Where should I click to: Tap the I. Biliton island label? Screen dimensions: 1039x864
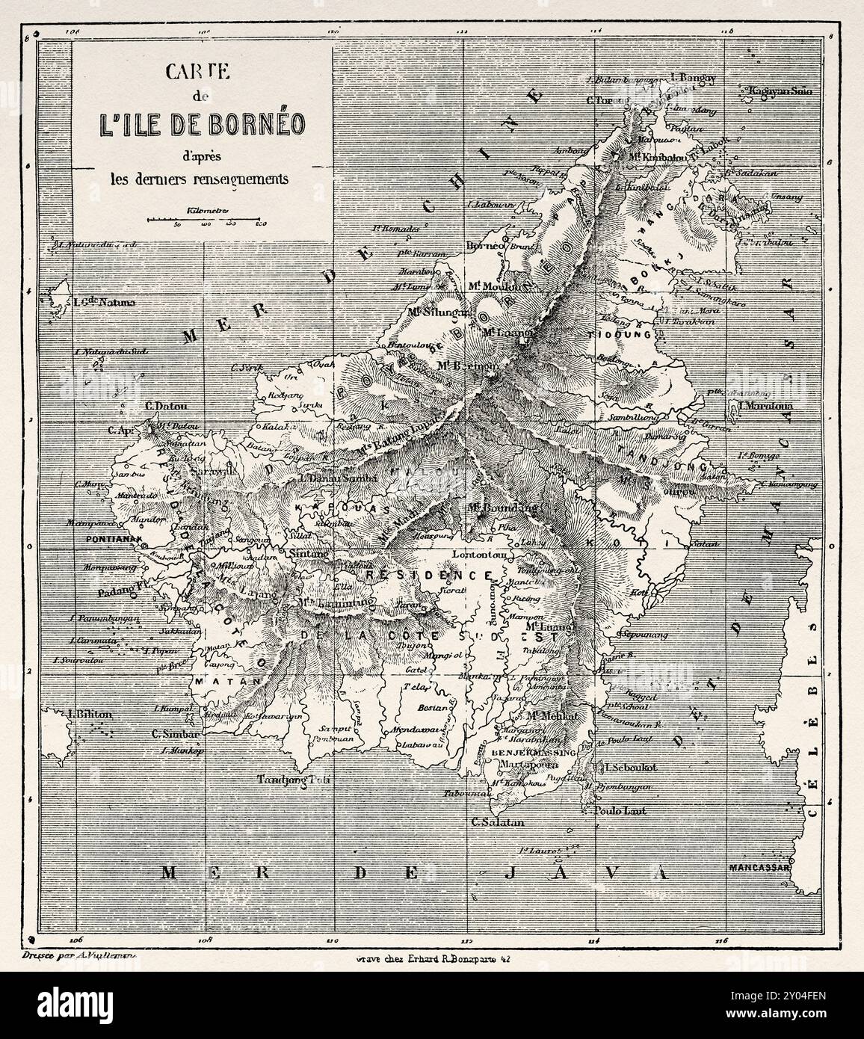(x=89, y=714)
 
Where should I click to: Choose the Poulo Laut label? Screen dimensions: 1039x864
(x=617, y=810)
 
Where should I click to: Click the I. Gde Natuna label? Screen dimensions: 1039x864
(x=105, y=303)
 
